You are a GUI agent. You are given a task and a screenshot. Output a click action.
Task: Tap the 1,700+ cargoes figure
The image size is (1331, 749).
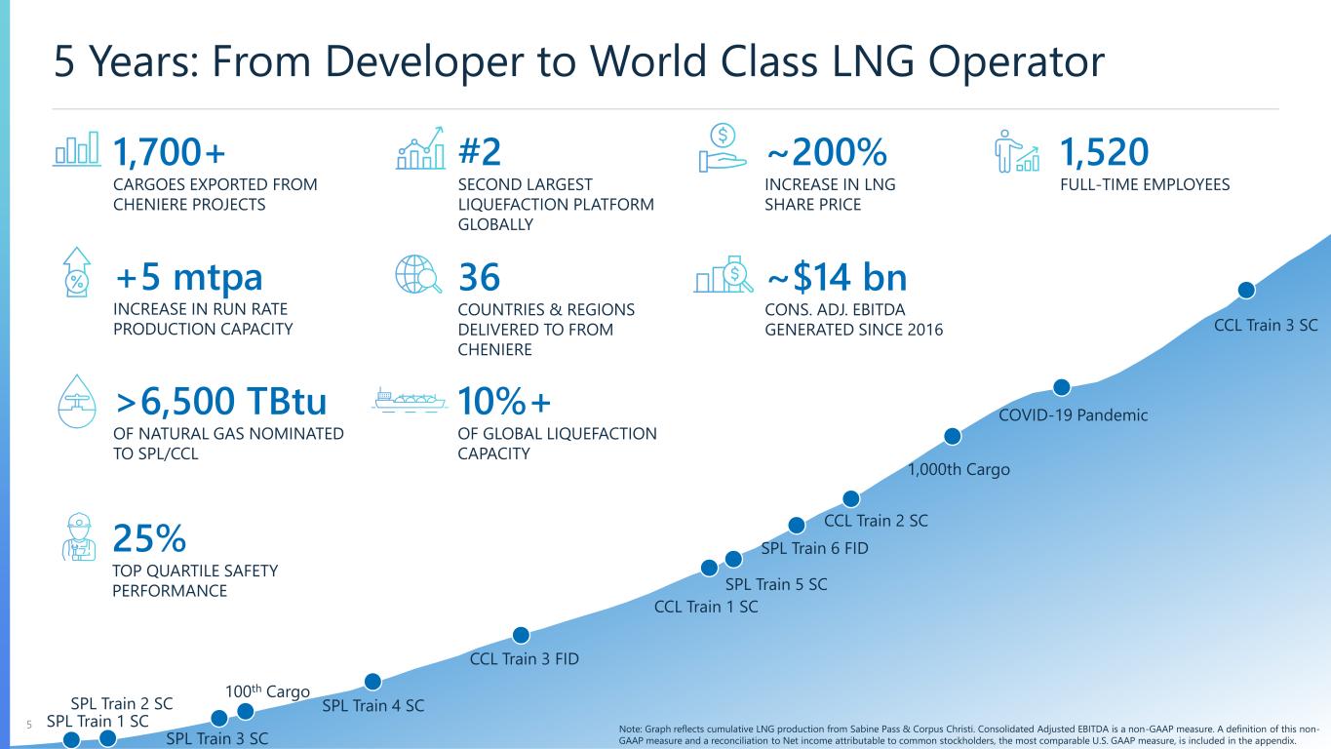170,152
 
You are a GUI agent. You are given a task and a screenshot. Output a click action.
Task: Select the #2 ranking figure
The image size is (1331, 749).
480,152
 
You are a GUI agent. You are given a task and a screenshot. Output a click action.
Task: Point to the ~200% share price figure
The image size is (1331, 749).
826,152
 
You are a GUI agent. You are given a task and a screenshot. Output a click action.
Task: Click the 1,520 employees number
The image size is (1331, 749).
1104,152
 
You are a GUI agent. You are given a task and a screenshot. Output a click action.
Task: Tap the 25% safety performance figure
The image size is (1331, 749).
149,537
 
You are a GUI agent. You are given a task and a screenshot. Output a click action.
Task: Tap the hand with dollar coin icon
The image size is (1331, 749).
724,149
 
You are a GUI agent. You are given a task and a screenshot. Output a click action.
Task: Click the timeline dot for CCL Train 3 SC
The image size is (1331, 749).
1245,291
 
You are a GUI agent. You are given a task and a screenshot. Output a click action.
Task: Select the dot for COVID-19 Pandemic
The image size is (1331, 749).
1063,387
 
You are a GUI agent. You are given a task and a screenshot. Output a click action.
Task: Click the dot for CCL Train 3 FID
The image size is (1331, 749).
522,635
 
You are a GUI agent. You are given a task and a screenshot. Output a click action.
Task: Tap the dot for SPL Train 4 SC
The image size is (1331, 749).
372,681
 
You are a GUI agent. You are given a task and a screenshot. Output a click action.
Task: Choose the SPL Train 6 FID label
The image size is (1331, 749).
814,548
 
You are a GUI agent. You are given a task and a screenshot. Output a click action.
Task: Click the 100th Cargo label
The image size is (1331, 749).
267,692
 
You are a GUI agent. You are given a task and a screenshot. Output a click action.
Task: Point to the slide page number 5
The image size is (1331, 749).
29,725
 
